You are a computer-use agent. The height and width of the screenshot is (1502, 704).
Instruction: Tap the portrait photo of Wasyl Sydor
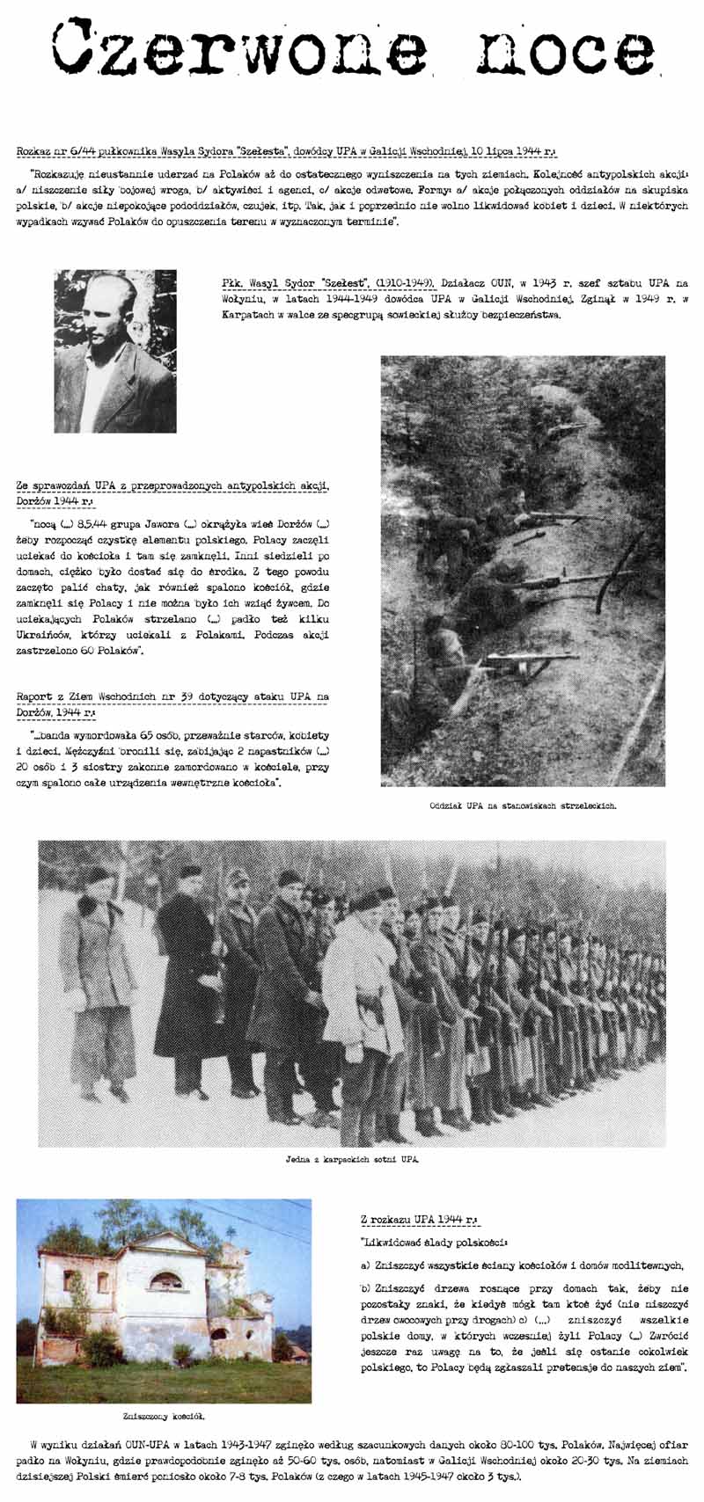[115, 351]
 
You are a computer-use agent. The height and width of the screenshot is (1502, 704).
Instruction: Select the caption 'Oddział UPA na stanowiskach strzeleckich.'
[523, 805]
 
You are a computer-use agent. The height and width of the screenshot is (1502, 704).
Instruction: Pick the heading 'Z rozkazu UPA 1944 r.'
[419, 1221]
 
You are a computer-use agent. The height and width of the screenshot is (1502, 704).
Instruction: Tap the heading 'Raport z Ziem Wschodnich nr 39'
[172, 697]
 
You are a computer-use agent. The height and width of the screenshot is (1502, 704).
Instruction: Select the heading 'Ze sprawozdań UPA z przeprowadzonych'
[172, 485]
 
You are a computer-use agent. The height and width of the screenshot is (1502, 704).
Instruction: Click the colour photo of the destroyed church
[164, 1300]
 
